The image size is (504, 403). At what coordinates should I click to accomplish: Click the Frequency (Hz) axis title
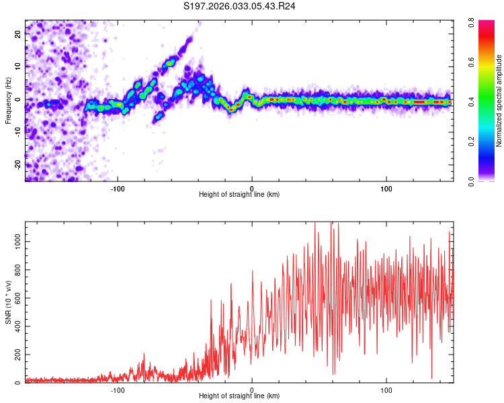point(8,100)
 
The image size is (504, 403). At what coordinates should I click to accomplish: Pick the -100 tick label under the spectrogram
point(118,188)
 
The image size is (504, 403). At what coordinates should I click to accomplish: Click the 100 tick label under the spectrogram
point(386,188)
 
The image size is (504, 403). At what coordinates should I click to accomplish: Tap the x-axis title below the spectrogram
point(239,195)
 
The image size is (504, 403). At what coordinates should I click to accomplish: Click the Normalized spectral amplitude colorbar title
point(499,101)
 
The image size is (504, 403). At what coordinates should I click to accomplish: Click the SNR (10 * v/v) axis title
point(8,302)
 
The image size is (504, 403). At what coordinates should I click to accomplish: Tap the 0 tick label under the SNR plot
point(252,390)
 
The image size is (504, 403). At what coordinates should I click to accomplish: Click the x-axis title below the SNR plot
point(239,396)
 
